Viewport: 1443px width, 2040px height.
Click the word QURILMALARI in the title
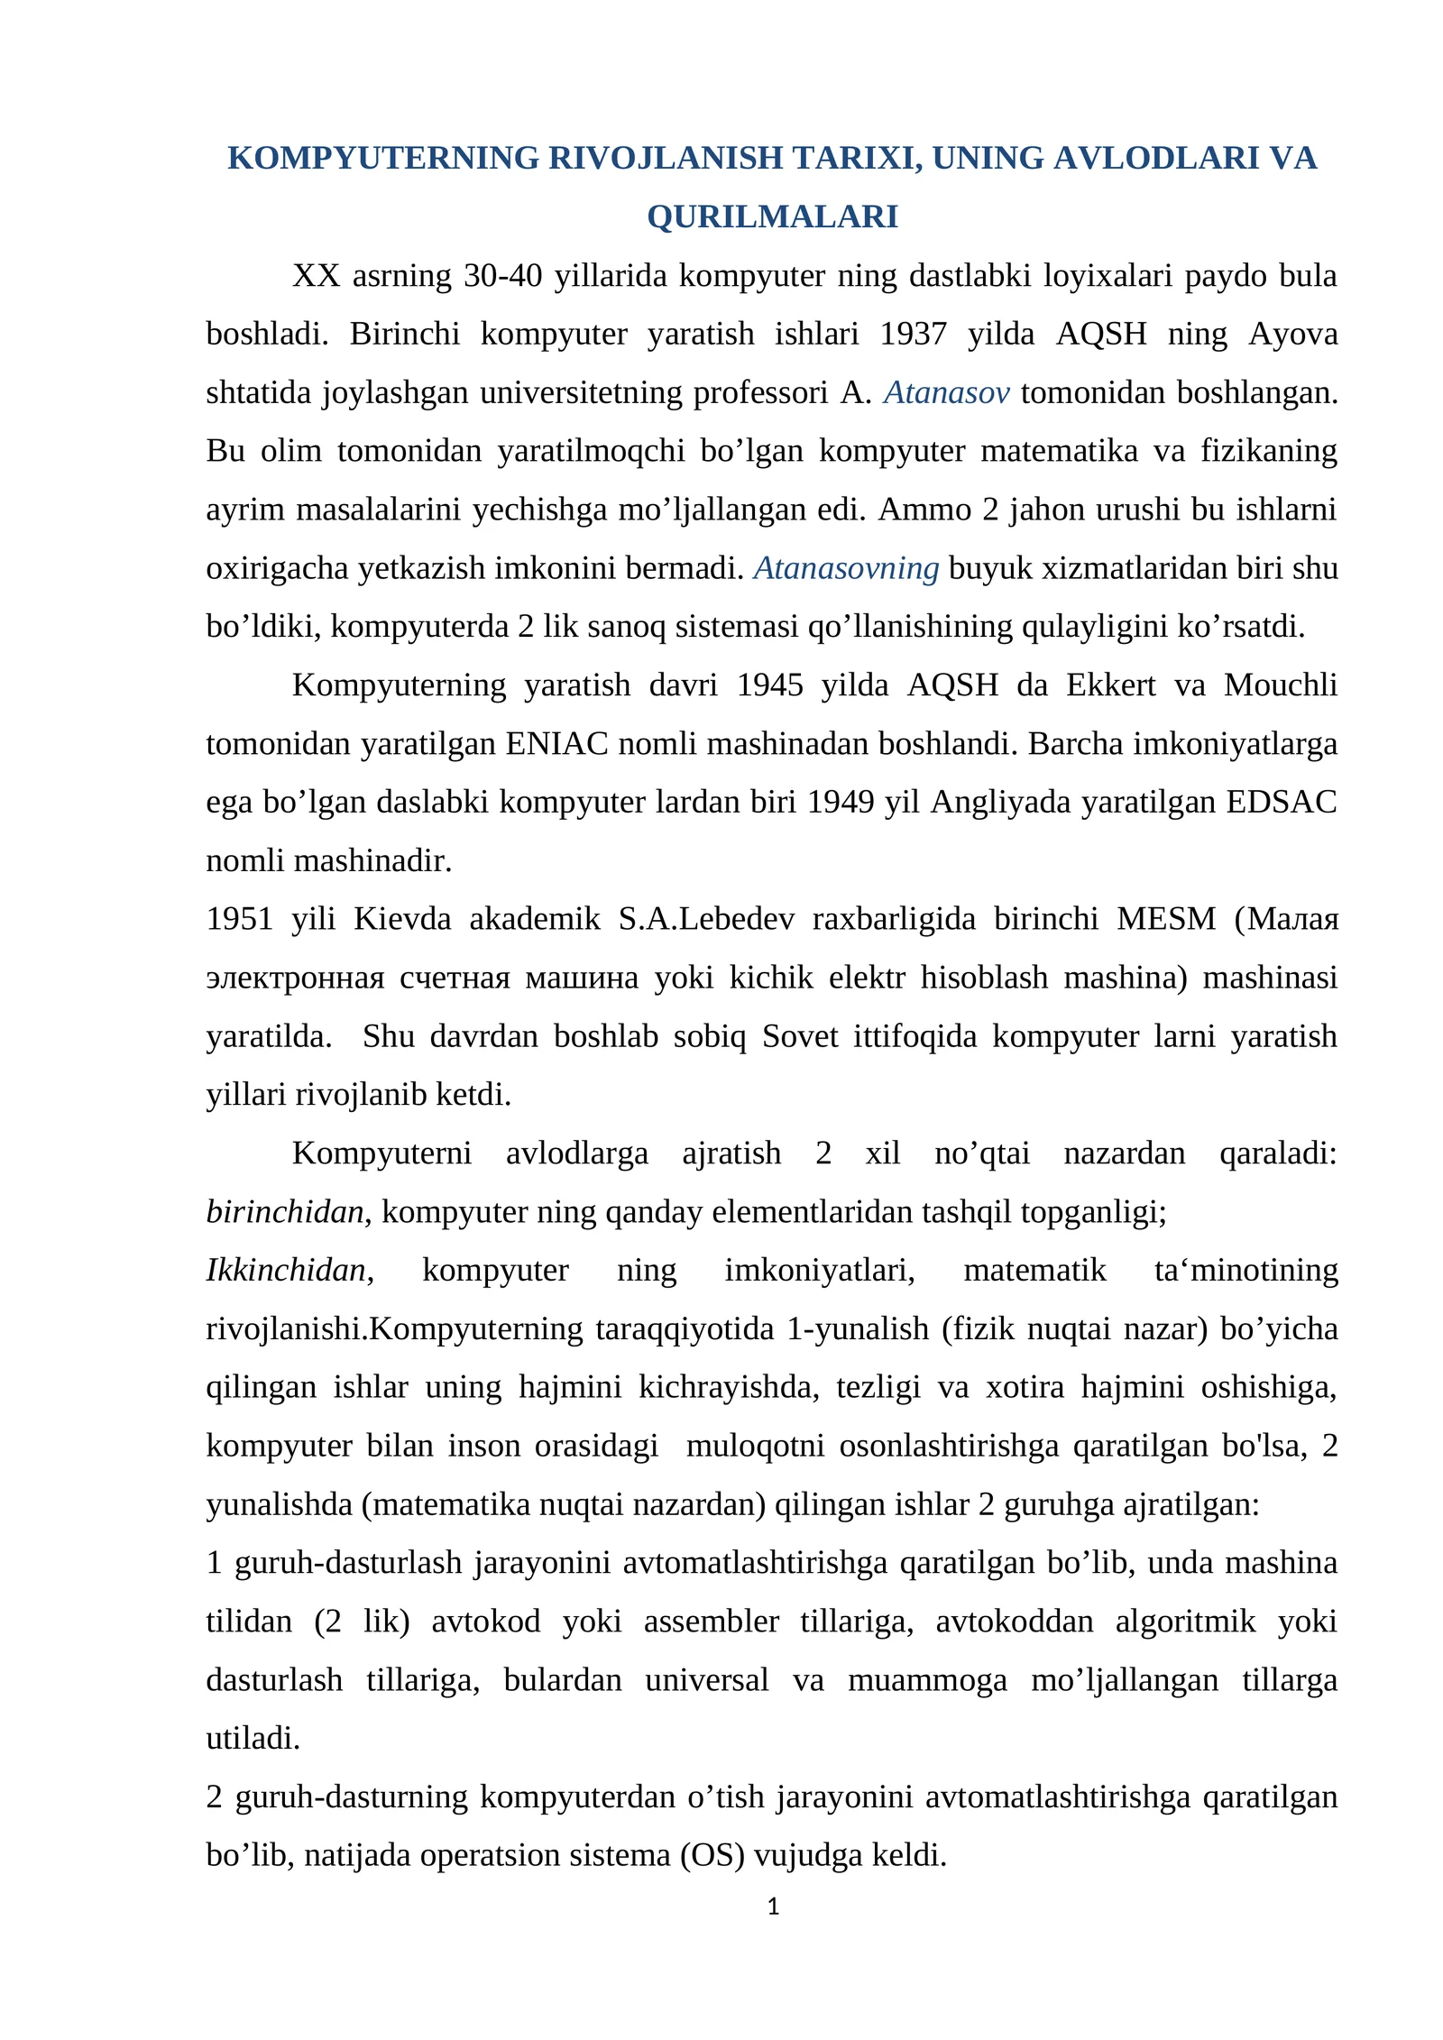772,217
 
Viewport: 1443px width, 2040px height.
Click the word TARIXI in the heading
856,159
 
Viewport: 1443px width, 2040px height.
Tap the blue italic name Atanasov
946,393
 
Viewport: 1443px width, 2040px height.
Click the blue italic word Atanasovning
846,569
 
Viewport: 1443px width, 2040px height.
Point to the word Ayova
1292,335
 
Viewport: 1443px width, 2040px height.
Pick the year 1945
769,686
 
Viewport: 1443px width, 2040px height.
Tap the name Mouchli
1280,686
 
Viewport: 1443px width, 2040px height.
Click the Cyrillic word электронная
295,979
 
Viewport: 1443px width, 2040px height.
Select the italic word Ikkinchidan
286,1271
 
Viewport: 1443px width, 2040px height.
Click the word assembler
711,1622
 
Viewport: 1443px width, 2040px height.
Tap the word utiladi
253,1739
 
